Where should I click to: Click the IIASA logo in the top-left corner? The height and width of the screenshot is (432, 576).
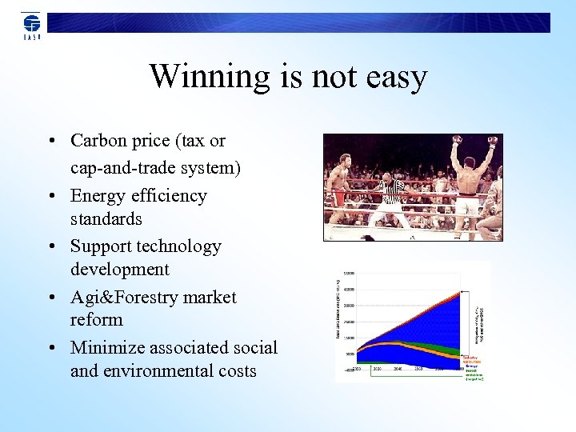[31, 25]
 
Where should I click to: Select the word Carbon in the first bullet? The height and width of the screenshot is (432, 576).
[98, 141]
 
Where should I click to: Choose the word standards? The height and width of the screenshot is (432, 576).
[106, 218]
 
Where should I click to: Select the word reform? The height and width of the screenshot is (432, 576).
[96, 320]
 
